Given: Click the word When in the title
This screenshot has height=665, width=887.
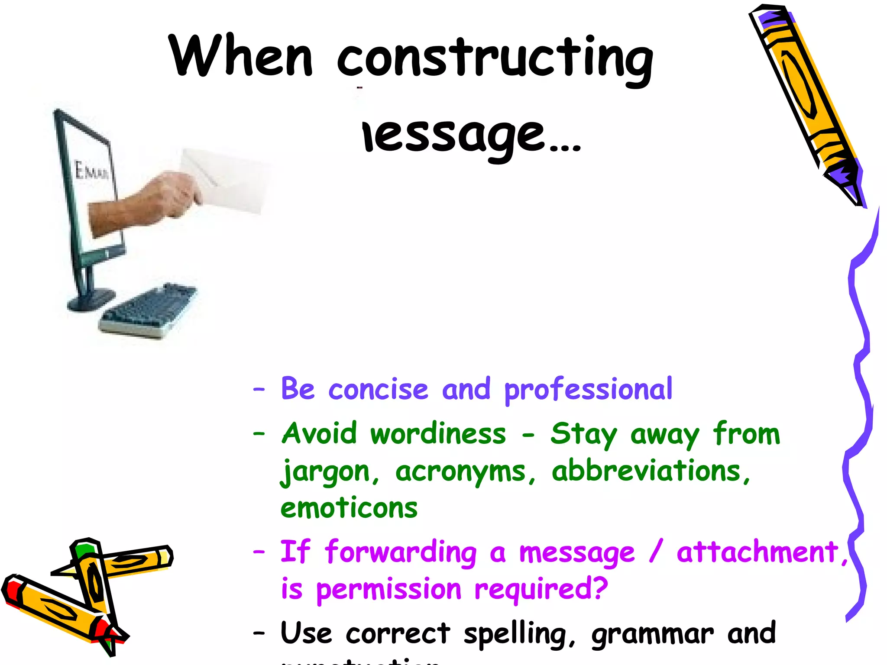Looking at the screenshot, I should coord(240,56).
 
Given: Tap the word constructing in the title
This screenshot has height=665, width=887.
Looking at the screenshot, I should coord(494,58).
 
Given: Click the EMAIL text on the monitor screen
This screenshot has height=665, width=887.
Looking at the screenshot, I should coord(91,171).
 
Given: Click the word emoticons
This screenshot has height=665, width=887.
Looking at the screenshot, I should coord(349,508).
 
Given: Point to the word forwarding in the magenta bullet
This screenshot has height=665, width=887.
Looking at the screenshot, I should coord(401,552).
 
